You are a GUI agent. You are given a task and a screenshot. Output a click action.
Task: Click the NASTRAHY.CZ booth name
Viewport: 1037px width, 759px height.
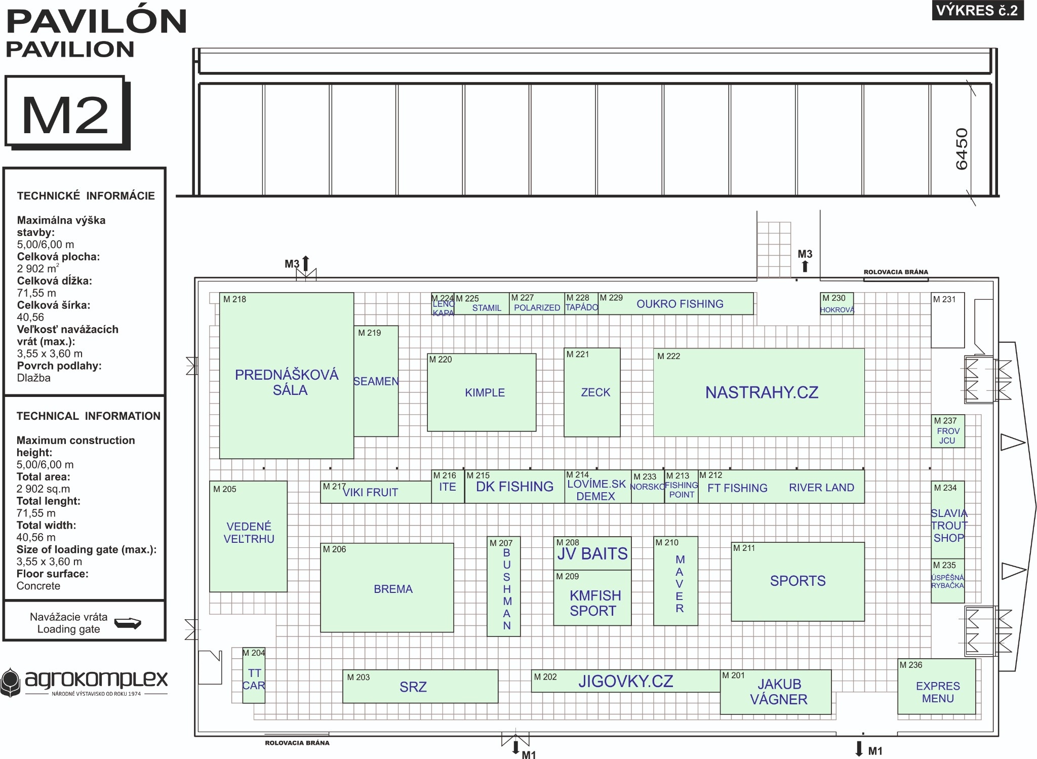762,392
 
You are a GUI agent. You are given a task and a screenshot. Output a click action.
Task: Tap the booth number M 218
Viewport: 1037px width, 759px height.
234,299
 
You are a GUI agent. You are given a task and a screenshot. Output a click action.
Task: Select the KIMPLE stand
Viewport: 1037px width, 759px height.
485,392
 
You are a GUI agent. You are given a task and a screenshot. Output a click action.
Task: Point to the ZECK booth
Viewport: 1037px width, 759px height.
595,392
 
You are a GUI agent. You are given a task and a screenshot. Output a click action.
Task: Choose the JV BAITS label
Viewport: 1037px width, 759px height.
592,554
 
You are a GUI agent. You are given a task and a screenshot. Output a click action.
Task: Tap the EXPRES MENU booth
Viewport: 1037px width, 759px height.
938,692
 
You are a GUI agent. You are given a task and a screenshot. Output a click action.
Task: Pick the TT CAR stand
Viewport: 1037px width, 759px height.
254,679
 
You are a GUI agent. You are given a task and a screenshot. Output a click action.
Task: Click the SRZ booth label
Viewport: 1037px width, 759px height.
413,687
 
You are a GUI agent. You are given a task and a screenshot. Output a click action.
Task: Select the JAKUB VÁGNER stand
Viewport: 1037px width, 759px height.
779,692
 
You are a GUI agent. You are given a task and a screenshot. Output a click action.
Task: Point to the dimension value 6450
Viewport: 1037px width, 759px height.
962,149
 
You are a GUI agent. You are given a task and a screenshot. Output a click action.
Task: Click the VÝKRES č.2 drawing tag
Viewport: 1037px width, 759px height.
977,11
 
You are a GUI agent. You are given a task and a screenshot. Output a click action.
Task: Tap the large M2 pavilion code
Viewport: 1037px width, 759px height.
65,115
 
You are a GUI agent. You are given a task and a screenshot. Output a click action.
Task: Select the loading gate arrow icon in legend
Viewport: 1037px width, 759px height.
128,623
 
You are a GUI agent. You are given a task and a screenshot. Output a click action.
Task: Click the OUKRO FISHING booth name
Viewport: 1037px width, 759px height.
680,304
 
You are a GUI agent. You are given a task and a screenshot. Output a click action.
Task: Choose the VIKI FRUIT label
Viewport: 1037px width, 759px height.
371,492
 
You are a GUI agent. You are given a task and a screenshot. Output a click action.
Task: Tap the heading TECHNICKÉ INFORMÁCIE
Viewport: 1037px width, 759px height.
86,196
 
